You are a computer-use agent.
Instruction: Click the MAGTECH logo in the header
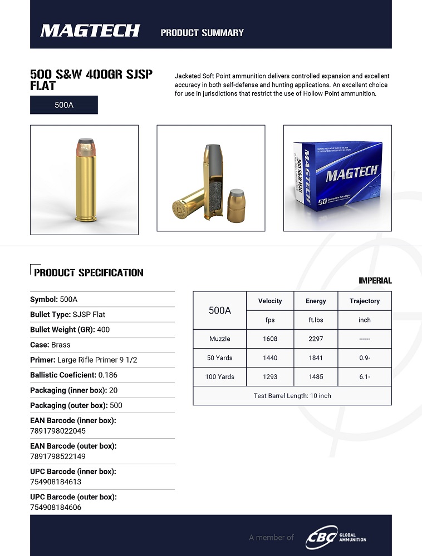90,31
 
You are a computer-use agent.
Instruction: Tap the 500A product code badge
64,105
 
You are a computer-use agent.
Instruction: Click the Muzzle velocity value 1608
270,339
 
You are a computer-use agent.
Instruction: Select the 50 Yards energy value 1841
316,358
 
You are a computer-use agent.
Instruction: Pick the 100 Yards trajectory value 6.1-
365,376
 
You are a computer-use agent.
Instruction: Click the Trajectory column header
365,301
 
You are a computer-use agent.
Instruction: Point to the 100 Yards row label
220,376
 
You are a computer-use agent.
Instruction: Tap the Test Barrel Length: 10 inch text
292,396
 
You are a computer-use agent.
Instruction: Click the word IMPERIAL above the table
375,281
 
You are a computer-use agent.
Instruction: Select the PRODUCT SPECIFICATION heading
89,272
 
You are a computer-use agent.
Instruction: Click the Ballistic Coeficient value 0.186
107,375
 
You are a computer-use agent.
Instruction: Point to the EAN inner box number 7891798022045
58,431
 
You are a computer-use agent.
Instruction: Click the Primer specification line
84,360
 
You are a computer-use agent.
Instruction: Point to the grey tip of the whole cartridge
85,141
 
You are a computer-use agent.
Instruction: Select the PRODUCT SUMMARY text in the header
202,32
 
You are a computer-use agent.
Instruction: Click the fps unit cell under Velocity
270,320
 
